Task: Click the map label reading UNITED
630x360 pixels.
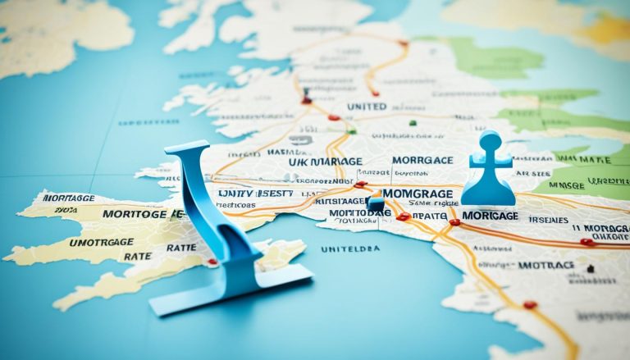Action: click(367, 107)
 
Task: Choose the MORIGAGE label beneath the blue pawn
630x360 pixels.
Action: click(490, 214)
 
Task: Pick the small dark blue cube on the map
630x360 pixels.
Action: click(375, 204)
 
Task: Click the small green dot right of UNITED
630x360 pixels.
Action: click(412, 124)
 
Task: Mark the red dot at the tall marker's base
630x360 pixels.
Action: click(212, 262)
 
